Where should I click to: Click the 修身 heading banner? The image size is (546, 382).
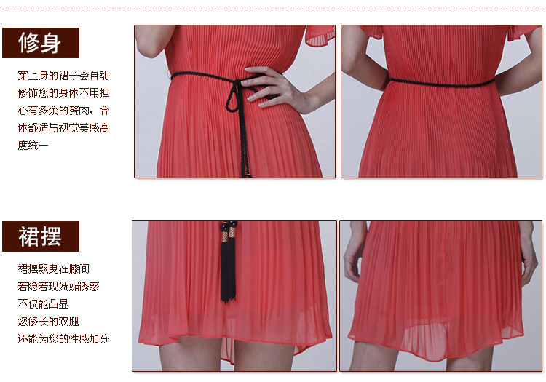tap(41, 43)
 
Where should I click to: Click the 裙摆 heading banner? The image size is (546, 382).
tap(41, 236)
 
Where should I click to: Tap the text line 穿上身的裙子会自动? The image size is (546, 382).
tap(63, 76)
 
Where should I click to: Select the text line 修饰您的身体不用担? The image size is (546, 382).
tap(63, 93)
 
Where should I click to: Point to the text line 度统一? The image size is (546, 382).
tap(33, 145)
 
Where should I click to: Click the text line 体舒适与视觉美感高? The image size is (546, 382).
tap(63, 127)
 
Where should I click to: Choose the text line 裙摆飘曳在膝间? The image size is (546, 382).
tap(54, 269)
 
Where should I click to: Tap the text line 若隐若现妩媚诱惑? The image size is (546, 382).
tap(58, 287)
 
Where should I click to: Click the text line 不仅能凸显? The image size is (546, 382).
tap(43, 303)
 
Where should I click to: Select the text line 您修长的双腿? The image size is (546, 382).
tap(48, 321)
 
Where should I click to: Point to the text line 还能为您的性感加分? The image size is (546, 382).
tap(63, 338)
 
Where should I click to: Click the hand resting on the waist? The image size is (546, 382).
tap(275, 89)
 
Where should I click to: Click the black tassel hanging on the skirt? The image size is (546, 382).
tap(228, 271)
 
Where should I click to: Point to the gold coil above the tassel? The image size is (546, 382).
tap(228, 236)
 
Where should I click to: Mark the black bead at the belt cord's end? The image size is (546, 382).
tap(249, 175)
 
